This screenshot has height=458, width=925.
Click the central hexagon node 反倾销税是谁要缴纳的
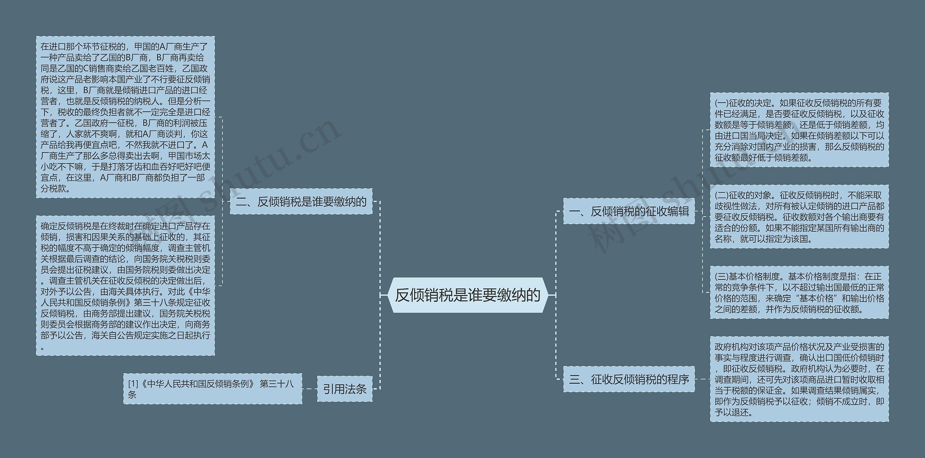pos(468,295)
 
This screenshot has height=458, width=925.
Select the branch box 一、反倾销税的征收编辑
pos(629,211)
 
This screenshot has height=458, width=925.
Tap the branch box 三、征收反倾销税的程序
pos(629,379)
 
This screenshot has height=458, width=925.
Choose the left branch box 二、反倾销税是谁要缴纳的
pos(301,201)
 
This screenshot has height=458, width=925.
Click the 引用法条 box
pos(345,389)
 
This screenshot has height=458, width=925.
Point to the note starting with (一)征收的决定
pos(799,130)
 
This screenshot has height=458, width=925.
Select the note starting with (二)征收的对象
pos(799,217)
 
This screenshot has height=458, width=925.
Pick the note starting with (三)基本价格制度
pos(799,293)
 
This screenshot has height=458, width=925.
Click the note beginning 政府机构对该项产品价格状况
pos(799,379)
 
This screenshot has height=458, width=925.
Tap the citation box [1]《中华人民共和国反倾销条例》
pos(212,389)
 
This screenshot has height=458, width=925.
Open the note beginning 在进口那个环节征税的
pos(125,117)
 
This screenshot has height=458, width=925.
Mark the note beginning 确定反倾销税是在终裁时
pos(125,286)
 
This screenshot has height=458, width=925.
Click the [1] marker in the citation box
pos(133,384)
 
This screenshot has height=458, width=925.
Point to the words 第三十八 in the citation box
pos(277,384)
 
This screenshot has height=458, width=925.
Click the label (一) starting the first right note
pos(722,103)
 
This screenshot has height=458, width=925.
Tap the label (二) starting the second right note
pos(722,196)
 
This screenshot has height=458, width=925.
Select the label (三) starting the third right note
pos(722,277)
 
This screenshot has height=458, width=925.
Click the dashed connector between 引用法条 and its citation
pos(310,389)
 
